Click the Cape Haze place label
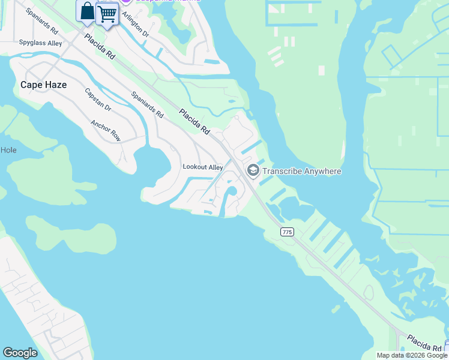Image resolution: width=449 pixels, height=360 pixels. pyautogui.click(x=43, y=85)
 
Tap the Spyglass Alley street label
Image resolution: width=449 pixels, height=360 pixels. pyautogui.click(x=40, y=43)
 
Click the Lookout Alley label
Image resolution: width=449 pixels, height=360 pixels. pyautogui.click(x=203, y=167)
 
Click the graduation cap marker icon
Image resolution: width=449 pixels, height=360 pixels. pyautogui.click(x=253, y=171)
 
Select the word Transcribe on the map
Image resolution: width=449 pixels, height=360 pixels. pyautogui.click(x=285, y=172)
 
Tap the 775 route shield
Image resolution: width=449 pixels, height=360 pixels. pyautogui.click(x=287, y=232)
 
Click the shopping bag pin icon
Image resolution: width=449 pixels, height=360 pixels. pyautogui.click(x=87, y=11)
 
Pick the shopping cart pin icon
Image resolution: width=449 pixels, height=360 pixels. pyautogui.click(x=107, y=13)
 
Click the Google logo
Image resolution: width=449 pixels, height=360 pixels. pyautogui.click(x=20, y=353)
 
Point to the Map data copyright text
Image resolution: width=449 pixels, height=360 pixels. pyautogui.click(x=412, y=355)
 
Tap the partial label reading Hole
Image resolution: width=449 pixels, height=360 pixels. pyautogui.click(x=8, y=150)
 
